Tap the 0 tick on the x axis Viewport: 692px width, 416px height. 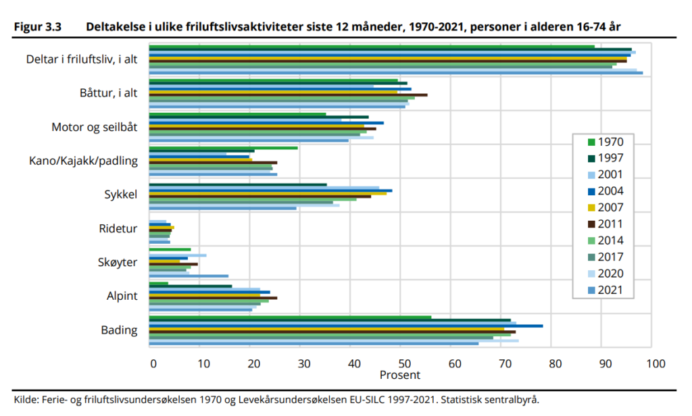[153, 363]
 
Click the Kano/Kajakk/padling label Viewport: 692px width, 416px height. [84, 161]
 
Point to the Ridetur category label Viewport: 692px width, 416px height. [118, 229]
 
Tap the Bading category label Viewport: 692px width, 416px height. [120, 330]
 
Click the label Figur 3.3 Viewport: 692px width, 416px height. [38, 28]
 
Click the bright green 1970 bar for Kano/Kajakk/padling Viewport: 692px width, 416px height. [223, 147]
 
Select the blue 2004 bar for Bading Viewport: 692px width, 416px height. [345, 326]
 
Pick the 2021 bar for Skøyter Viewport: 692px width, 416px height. [189, 276]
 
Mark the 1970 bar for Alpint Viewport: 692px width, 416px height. [158, 283]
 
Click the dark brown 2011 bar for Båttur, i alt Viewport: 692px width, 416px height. [288, 95]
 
